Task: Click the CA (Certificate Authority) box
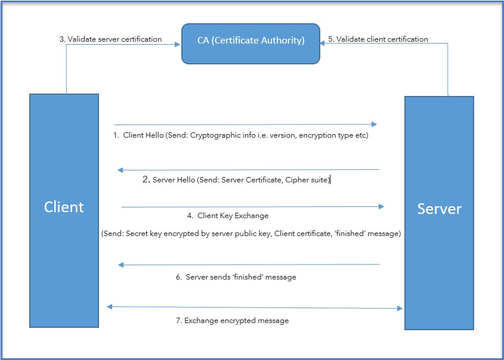point(251,42)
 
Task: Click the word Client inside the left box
point(64,207)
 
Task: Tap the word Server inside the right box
point(439,209)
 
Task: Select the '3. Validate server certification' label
point(110,39)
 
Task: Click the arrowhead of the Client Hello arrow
point(374,124)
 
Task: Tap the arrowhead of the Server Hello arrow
point(120,170)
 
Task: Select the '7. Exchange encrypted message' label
point(232,321)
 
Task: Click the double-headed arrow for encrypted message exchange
point(255,308)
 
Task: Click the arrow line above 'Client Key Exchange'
point(251,207)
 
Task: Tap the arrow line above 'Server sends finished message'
point(251,264)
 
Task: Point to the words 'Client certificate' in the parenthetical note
point(302,234)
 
